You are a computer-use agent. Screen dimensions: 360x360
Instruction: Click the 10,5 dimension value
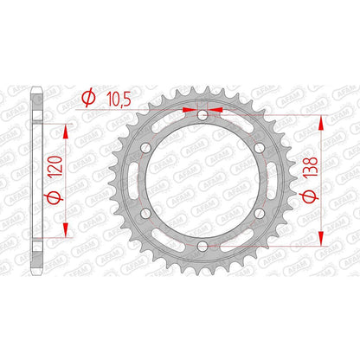pos(119,100)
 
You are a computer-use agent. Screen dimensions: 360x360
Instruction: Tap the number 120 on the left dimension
pos(55,166)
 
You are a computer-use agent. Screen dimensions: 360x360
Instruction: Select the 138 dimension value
pos(311,166)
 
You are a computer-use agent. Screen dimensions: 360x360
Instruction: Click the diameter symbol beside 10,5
pos(88,98)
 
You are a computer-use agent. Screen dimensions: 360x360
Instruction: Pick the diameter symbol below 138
pos(310,196)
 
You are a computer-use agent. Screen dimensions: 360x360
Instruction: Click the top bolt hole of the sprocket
pos(202,115)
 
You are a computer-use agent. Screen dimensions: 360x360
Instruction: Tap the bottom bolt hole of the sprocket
pos(202,246)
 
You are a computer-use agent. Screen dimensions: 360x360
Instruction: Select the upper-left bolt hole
pos(145,148)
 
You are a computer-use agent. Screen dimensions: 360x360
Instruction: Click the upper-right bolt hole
pos(260,148)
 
